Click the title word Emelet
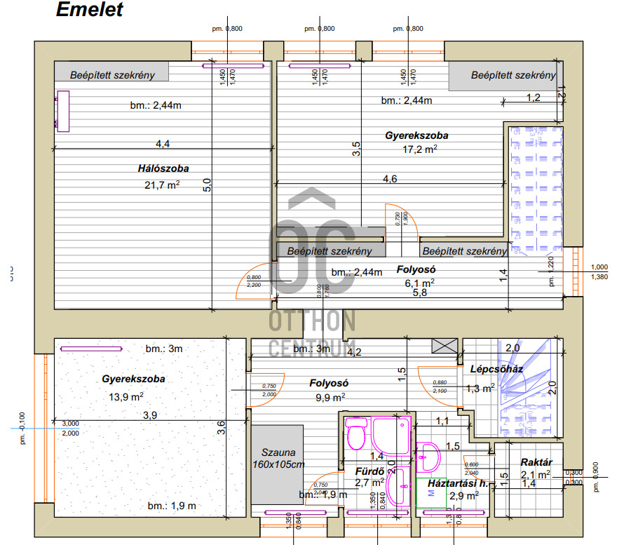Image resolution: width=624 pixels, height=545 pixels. [x=89, y=10]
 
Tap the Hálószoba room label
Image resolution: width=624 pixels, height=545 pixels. [x=163, y=168]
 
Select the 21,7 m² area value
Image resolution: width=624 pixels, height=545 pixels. [x=162, y=185]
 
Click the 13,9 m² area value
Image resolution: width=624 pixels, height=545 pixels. [x=128, y=396]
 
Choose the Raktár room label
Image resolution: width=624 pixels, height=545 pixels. [x=537, y=463]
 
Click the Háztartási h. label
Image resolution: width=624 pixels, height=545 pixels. [x=457, y=483]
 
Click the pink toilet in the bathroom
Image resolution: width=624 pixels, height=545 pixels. [x=358, y=433]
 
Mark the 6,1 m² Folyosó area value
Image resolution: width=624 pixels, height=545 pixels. [x=419, y=283]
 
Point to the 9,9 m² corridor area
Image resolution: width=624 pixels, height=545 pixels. [x=329, y=398]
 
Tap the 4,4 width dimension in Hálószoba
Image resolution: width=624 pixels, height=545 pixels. [x=163, y=144]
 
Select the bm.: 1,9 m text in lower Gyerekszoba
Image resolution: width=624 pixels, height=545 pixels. [x=171, y=506]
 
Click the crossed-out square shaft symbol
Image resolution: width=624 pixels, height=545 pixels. [x=443, y=346]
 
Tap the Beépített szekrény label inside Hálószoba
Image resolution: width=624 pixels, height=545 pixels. [x=112, y=75]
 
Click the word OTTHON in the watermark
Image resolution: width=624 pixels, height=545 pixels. [x=313, y=321]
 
